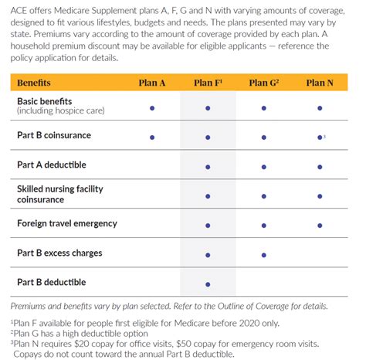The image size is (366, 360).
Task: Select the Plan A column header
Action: (152, 82)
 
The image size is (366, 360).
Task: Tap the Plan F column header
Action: (207, 82)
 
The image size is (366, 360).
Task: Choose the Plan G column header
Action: (263, 82)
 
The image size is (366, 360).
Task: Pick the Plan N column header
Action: (319, 82)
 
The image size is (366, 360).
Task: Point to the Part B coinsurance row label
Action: (54, 135)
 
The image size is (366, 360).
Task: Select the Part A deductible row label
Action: (52, 165)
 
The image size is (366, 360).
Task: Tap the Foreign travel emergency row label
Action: (67, 223)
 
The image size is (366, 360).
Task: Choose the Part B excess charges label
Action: (59, 253)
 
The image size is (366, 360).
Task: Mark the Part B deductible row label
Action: (52, 282)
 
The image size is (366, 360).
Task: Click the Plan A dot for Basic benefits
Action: (152, 108)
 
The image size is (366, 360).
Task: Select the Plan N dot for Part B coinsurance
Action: (319, 138)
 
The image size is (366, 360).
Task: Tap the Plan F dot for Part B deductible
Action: (208, 284)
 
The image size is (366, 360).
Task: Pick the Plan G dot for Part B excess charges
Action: (263, 254)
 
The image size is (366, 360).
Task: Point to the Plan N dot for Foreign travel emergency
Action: (319, 225)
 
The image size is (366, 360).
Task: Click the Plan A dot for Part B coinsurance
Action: (152, 138)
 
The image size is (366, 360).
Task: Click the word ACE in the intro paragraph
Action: (19, 10)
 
